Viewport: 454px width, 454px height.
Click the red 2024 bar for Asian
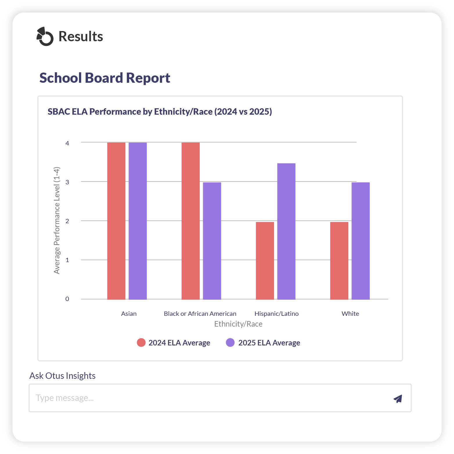click(x=116, y=221)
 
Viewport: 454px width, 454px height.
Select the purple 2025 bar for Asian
click(x=138, y=221)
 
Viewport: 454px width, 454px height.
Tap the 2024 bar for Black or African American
click(x=190, y=221)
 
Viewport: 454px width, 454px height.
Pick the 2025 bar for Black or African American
click(x=212, y=241)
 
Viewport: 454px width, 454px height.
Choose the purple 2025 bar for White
click(x=361, y=241)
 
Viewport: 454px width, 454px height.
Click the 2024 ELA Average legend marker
click(x=141, y=343)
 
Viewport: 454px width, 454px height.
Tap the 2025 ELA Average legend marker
click(x=230, y=343)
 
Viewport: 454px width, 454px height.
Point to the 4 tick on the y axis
click(x=67, y=143)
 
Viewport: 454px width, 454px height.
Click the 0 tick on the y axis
click(x=67, y=299)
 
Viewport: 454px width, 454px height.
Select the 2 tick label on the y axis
click(x=67, y=221)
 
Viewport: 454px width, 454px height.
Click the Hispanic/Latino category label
click(x=276, y=314)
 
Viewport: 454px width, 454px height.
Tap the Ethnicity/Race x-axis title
click(x=238, y=324)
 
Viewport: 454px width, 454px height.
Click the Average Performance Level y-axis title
click(x=57, y=220)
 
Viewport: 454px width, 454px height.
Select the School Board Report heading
click(x=105, y=78)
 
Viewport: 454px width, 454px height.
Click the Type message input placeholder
click(x=65, y=398)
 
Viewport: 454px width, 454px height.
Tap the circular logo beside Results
click(x=45, y=37)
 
